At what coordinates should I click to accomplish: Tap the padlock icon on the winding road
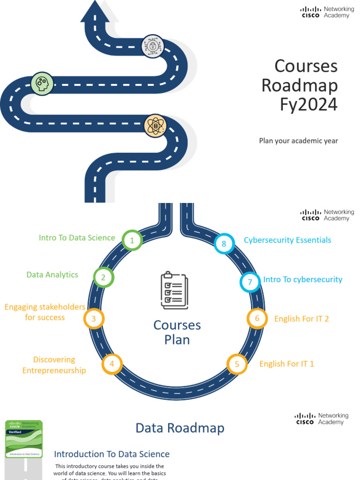click(x=153, y=46)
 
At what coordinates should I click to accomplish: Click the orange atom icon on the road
click(x=155, y=126)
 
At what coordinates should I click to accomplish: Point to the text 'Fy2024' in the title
click(x=308, y=105)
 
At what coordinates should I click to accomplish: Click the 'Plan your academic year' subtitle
click(x=299, y=141)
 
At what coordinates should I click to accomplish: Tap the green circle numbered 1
click(x=132, y=241)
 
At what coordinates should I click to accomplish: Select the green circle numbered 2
click(x=104, y=277)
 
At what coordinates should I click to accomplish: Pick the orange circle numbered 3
click(x=94, y=319)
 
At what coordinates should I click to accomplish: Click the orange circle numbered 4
click(x=112, y=364)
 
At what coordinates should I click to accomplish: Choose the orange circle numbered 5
click(x=237, y=364)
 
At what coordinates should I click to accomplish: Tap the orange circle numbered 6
click(x=257, y=319)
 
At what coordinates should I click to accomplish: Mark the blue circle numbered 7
click(x=250, y=282)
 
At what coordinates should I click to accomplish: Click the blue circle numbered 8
click(x=224, y=244)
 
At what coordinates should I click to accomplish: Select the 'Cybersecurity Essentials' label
click(x=287, y=240)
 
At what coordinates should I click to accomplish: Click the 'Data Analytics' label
click(x=52, y=275)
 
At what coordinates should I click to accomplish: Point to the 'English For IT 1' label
click(x=286, y=364)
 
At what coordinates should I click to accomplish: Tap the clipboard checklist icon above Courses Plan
click(x=174, y=290)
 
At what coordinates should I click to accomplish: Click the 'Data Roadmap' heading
click(x=180, y=428)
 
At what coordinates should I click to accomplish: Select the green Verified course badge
click(x=24, y=439)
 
